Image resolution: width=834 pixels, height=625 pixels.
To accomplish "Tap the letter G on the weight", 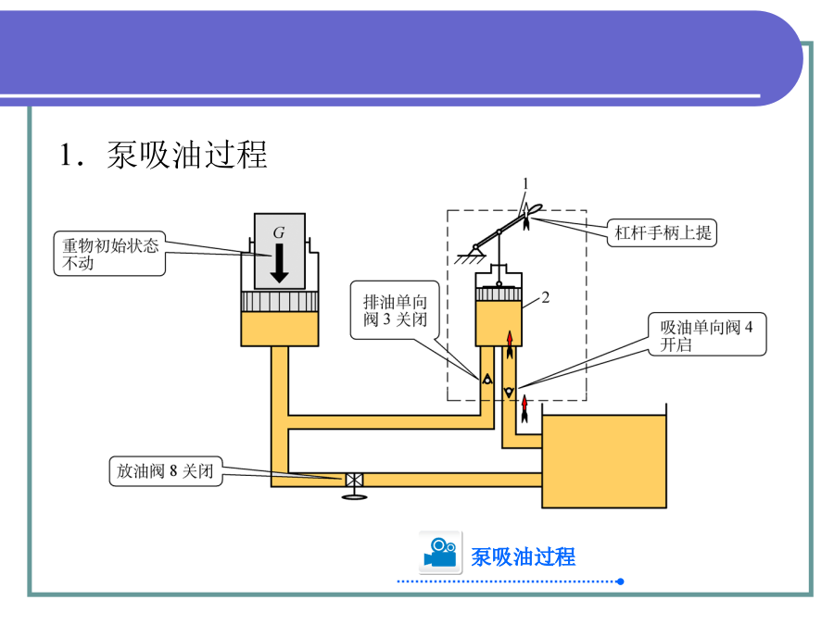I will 278,231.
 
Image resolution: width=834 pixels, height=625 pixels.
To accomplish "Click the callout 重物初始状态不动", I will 110,254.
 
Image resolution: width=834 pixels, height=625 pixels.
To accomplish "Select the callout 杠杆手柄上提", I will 663,231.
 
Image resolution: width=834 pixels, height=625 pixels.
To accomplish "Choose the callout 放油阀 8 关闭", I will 166,470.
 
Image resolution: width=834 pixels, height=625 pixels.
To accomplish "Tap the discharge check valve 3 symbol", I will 486,380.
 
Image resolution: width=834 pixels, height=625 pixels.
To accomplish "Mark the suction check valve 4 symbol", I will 508,393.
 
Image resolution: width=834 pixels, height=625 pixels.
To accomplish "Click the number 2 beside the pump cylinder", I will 547,298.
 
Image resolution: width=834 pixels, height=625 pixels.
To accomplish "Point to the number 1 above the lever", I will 524,184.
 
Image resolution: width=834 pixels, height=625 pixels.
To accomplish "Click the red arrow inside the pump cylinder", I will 509,343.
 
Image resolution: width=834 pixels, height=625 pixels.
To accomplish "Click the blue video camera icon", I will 440,553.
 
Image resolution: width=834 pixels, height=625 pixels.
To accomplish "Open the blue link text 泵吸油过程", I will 524,556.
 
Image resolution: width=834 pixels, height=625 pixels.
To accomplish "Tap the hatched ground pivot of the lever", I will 474,249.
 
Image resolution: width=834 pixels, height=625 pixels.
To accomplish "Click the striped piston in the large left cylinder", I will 280,301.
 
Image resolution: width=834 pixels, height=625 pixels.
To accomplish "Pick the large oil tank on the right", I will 603,461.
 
